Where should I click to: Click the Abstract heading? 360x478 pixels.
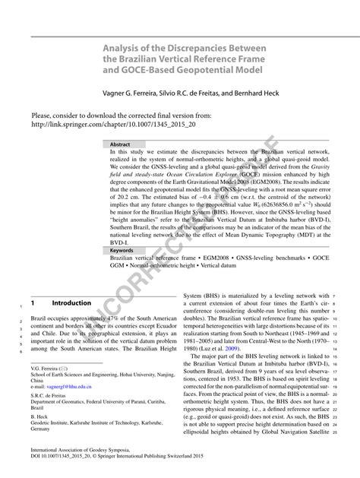click(120, 144)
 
